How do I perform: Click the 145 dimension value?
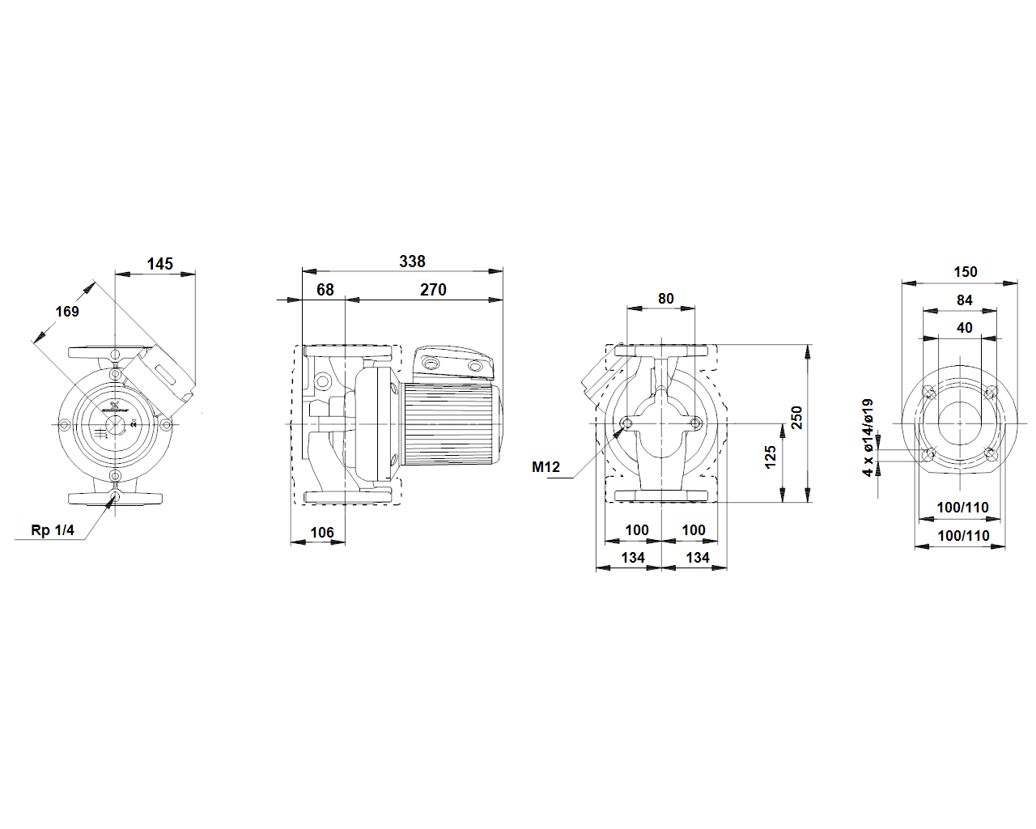click(159, 264)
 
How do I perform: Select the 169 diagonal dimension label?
click(67, 312)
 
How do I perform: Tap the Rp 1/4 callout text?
click(53, 530)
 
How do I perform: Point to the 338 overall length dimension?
click(412, 261)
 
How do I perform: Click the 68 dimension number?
click(325, 290)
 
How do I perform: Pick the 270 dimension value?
click(433, 290)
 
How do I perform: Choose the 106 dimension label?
click(322, 533)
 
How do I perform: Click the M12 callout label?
click(546, 467)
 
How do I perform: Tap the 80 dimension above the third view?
click(666, 299)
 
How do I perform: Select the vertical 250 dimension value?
click(797, 418)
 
